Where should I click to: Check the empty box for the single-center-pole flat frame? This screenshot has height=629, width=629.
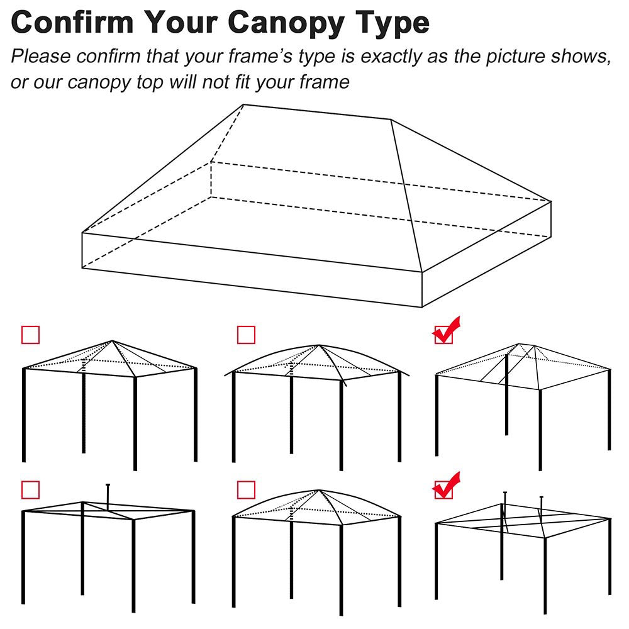pyautogui.click(x=30, y=489)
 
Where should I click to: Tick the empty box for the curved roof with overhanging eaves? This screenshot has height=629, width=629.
pyautogui.click(x=246, y=335)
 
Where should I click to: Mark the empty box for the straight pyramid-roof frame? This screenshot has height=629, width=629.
pyautogui.click(x=30, y=335)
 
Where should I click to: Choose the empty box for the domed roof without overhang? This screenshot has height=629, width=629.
pyautogui.click(x=246, y=489)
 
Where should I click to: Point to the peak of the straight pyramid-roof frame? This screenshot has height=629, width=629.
pyautogui.click(x=112, y=342)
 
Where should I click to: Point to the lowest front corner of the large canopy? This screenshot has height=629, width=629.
pyautogui.click(x=421, y=307)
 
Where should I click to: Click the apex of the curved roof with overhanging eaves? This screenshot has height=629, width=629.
pyautogui.click(x=320, y=345)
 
